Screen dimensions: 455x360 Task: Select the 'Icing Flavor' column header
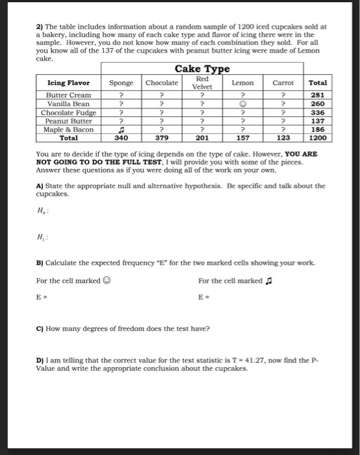(69, 83)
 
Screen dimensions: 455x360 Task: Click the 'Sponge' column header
(121, 83)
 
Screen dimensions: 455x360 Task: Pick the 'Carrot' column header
(283, 83)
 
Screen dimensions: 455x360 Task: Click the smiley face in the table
(242, 104)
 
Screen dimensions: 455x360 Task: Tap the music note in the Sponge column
(121, 129)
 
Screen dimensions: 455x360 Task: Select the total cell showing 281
(318, 96)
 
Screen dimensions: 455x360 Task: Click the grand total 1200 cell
(318, 138)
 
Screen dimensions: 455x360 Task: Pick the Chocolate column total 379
(162, 138)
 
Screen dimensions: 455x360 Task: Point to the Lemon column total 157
(242, 138)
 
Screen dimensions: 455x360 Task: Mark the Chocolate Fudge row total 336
(318, 112)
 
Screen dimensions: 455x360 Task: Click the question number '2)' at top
(39, 27)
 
